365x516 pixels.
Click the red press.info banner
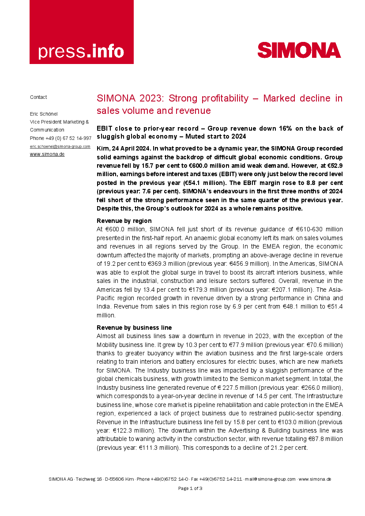tap(82, 32)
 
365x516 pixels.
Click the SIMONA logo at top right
tap(299, 50)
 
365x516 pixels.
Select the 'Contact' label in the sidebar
tap(38, 97)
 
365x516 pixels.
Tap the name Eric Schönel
tap(44, 113)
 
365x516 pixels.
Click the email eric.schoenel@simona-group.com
tap(60, 146)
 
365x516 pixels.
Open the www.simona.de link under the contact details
tap(47, 154)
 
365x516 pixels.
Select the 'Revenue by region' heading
tap(124, 221)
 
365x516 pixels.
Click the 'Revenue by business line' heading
tap(134, 328)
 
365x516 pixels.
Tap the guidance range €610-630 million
tap(316, 229)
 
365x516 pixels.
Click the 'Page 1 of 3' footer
tap(190, 488)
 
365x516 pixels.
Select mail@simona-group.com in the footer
tap(270, 479)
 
